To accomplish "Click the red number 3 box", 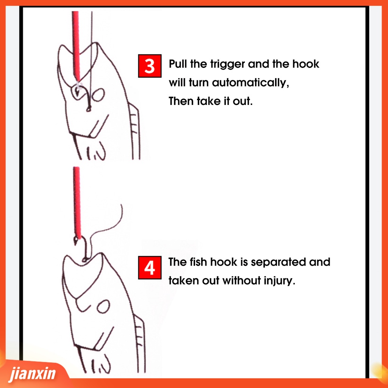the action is (x=150, y=66).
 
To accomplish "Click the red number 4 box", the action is (x=150, y=268).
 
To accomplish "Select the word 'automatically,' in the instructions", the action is (x=250, y=83).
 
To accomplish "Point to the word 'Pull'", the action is (x=178, y=64).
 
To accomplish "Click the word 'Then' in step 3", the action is (x=181, y=101).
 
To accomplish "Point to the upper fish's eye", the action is (x=98, y=95).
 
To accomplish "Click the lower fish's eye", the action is (x=103, y=307).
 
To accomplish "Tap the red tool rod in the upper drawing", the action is (x=76, y=45).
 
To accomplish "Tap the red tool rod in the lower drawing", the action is (x=77, y=202).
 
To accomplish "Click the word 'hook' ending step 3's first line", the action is (x=306, y=64).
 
